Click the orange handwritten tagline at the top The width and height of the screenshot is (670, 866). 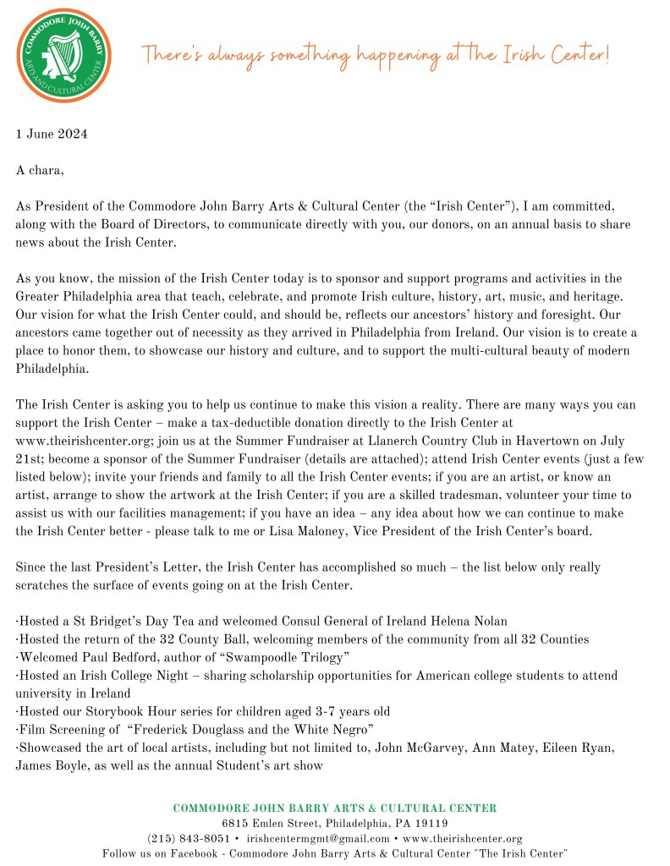375,55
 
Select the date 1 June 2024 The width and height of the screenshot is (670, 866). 52,134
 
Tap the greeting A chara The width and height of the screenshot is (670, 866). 41,170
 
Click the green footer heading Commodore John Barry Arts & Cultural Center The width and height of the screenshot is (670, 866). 335,808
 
